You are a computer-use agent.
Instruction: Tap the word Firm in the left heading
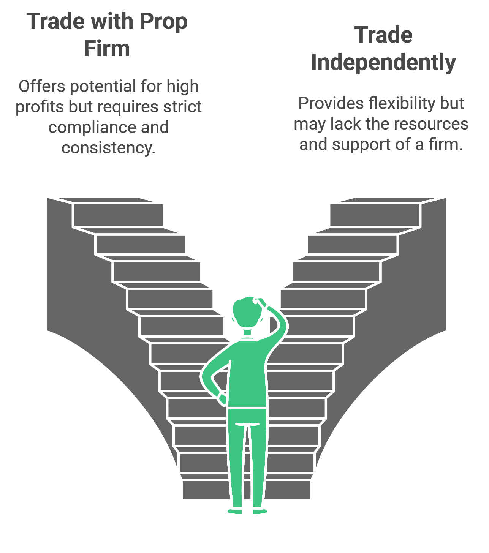coord(107,49)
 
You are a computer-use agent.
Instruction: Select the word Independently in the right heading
coord(383,63)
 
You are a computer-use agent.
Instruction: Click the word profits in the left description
coord(40,107)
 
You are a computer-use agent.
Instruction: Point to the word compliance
coord(91,128)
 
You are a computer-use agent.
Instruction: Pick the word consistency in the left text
coord(108,148)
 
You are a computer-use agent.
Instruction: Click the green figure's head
coord(247,312)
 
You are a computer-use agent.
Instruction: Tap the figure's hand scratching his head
coord(261,302)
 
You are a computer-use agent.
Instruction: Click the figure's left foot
coord(235,511)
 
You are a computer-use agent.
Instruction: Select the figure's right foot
coord(260,511)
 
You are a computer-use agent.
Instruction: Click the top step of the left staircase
coord(118,215)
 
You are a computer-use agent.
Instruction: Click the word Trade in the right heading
coord(383,35)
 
